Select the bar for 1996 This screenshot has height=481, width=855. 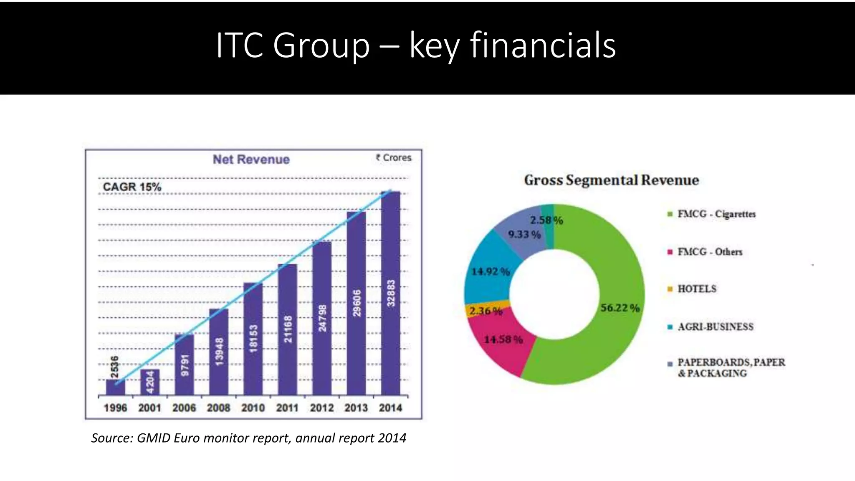point(115,387)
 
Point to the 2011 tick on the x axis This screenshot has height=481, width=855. point(287,408)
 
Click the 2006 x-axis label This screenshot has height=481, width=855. point(184,408)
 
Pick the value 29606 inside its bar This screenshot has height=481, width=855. point(357,304)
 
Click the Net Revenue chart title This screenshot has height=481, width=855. point(251,159)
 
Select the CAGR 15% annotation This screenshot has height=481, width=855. point(132,187)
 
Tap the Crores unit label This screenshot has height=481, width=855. point(394,158)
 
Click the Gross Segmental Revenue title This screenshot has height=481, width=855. point(611,180)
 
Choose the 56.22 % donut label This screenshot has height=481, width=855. point(620,308)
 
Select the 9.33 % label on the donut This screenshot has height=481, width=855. point(524,234)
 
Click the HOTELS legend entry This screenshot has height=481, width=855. point(696,289)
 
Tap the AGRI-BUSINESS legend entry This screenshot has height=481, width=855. point(715,327)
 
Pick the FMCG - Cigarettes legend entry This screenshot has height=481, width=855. point(716,214)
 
